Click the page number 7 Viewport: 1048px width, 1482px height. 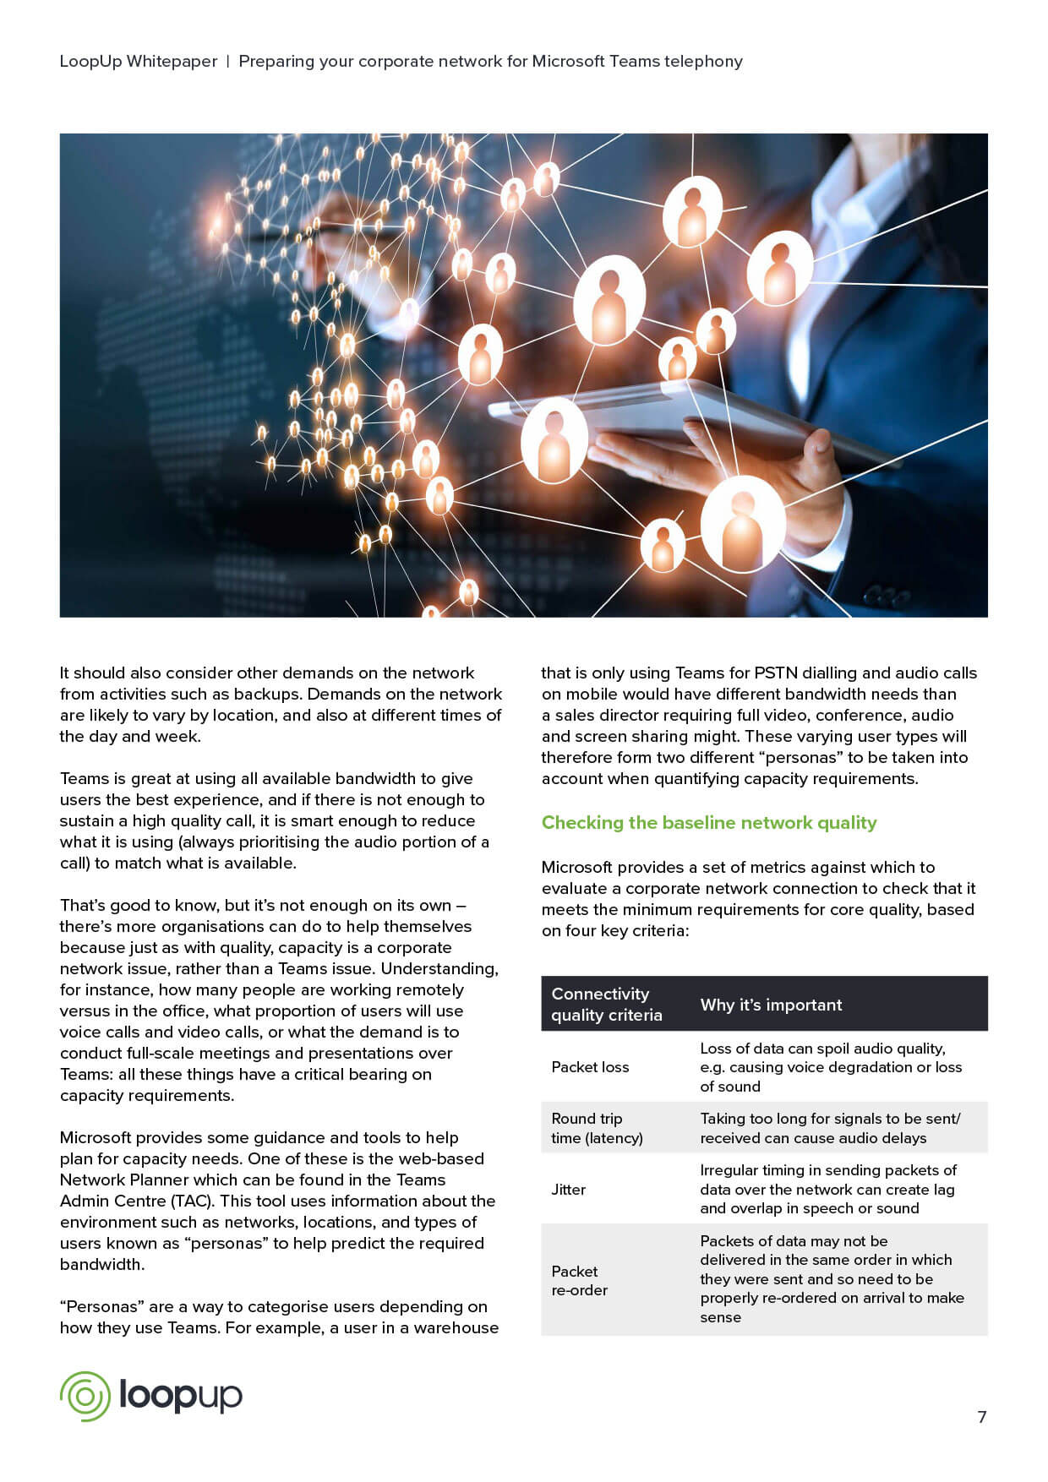[981, 1417]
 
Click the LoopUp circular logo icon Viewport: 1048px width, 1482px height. [85, 1396]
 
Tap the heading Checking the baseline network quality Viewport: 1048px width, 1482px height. [709, 822]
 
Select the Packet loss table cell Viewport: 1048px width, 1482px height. [590, 1067]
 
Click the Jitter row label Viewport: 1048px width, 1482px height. [568, 1190]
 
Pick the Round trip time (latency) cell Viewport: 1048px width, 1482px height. [597, 1128]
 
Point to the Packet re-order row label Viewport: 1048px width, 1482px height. [579, 1280]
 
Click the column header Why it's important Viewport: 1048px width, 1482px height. [771, 1005]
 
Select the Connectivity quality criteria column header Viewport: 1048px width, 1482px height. [606, 1004]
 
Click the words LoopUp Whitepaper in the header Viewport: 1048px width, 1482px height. [139, 62]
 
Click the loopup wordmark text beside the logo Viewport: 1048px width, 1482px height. [180, 1395]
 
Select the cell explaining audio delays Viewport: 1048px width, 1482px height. [829, 1128]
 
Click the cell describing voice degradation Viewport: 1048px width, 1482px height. [830, 1067]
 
